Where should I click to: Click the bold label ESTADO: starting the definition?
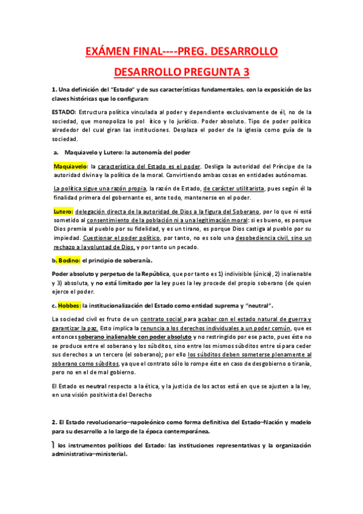(64, 112)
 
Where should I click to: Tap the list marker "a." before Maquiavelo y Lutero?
(56, 153)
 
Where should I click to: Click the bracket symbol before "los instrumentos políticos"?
(54, 446)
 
